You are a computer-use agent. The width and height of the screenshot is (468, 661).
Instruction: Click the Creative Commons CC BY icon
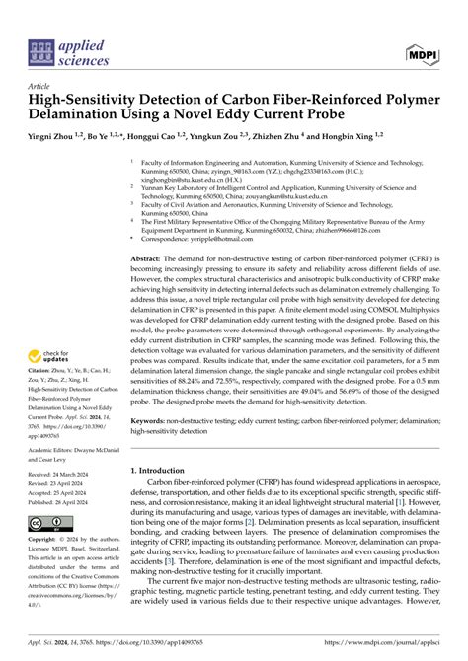pyautogui.click(x=49, y=521)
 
